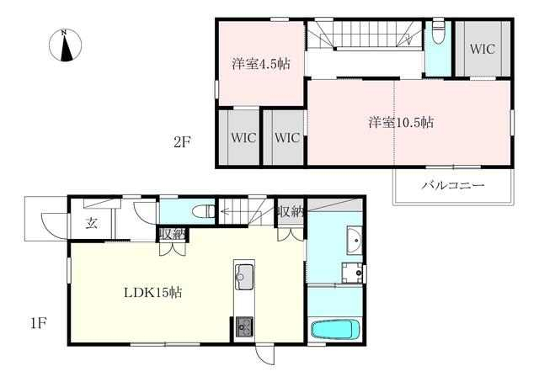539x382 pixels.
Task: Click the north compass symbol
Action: pyautogui.click(x=66, y=45)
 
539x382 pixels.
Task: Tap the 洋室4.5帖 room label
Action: pyautogui.click(x=261, y=64)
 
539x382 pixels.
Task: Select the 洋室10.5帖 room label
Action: pyautogui.click(x=401, y=122)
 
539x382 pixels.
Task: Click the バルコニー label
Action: pyautogui.click(x=453, y=185)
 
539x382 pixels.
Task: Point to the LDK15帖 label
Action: pyautogui.click(x=152, y=292)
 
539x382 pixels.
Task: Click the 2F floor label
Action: pyautogui.click(x=182, y=142)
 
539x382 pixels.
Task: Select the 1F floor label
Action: pyautogui.click(x=39, y=323)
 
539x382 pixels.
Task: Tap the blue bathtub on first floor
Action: pyautogui.click(x=335, y=329)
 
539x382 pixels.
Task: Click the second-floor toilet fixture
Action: pyautogui.click(x=438, y=33)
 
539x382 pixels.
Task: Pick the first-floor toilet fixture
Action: pyautogui.click(x=204, y=211)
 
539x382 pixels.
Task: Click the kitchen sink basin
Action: pyautogui.click(x=244, y=277)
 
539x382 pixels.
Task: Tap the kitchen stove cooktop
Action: pyautogui.click(x=244, y=326)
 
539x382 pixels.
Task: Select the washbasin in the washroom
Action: pyautogui.click(x=354, y=240)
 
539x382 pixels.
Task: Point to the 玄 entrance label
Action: pyautogui.click(x=92, y=223)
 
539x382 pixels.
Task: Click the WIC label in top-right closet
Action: pyautogui.click(x=483, y=49)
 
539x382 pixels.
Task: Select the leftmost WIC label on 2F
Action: pyautogui.click(x=243, y=138)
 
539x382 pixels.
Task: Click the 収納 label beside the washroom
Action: pyautogui.click(x=291, y=212)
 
